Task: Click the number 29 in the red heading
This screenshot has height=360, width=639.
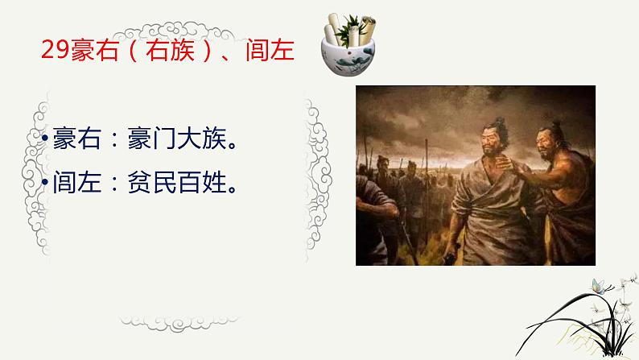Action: click(53, 50)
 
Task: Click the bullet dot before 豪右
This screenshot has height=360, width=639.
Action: click(46, 142)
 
